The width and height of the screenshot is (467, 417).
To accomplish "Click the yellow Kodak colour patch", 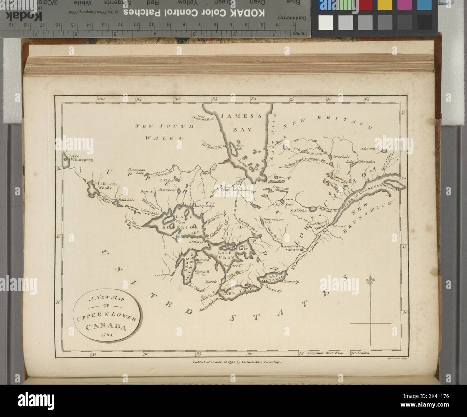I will point(385,5).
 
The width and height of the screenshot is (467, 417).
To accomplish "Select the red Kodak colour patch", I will point(365,5).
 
